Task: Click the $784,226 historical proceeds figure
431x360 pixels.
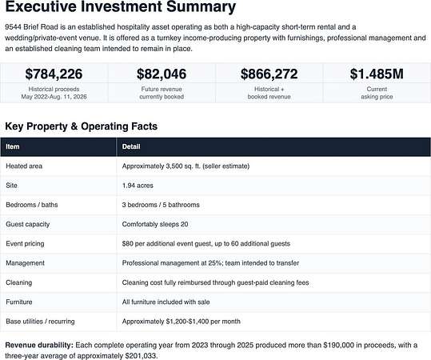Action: [54, 74]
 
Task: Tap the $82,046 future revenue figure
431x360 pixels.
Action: [162, 74]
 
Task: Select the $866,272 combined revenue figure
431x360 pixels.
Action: [269, 74]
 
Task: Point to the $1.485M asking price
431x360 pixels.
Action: [377, 74]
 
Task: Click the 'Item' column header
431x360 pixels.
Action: [13, 146]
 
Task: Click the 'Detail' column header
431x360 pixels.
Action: [131, 146]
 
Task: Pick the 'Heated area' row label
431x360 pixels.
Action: [24, 166]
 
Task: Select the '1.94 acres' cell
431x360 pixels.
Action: [138, 186]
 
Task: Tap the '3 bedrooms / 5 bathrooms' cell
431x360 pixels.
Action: [161, 205]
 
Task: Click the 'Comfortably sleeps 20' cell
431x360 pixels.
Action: [155, 224]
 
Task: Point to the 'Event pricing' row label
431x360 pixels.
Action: [25, 244]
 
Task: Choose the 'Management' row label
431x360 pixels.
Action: [26, 263]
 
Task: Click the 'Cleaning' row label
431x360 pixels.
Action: [19, 282]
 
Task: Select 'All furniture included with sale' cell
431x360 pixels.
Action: [166, 302]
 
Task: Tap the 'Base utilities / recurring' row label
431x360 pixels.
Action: [40, 322]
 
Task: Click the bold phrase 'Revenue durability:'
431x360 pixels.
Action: [39, 345]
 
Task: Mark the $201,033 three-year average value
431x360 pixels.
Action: [141, 355]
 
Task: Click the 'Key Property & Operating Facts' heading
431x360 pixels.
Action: [82, 126]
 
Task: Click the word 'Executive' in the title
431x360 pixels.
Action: [41, 6]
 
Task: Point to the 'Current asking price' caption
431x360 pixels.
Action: [377, 93]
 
